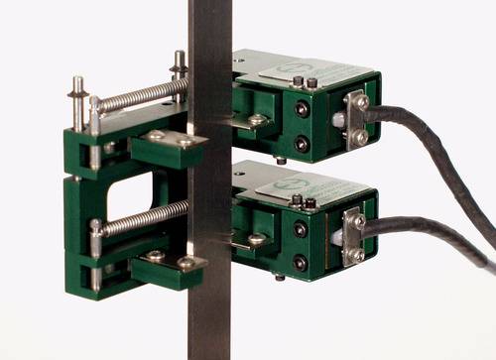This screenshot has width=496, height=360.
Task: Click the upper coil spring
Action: pos(139,95)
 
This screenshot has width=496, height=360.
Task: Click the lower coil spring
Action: pos(139,217)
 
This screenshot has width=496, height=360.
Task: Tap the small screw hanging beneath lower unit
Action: pos(280,278)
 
